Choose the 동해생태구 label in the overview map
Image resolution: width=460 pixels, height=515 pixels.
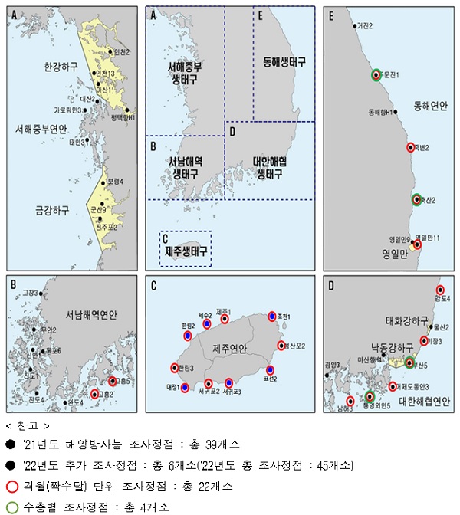pos(284,61)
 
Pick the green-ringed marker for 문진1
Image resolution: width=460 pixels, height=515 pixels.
pos(376,74)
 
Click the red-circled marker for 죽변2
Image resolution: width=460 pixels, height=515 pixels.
pos(411,148)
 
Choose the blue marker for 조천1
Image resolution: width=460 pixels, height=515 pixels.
pos(271,316)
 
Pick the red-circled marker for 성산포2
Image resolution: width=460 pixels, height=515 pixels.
pos(281,346)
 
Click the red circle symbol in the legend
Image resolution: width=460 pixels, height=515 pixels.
pos(11,486)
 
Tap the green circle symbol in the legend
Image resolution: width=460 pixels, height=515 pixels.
pos(11,507)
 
